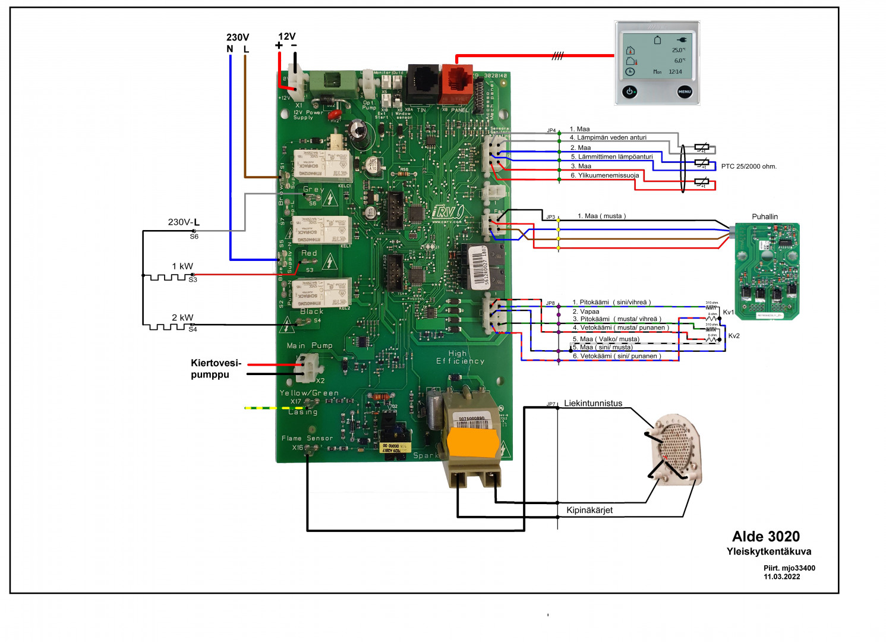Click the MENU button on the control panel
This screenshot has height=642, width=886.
685,92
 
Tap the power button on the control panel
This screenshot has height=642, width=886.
630,92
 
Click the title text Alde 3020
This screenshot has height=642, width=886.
765,536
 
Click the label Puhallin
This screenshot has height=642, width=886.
764,216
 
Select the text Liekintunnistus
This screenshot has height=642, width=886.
592,403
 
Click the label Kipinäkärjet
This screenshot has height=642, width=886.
589,510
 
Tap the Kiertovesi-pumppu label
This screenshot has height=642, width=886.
216,369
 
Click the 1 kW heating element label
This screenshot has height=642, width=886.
182,266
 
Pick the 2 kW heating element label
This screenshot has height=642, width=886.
182,317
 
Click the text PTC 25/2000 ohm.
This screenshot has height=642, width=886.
748,166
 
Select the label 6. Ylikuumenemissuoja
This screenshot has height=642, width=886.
605,175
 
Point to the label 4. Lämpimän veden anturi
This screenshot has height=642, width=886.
608,137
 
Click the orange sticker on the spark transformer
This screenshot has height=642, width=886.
473,443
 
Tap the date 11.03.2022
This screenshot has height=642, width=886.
781,577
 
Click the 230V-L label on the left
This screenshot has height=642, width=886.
184,222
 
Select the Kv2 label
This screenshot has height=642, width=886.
734,336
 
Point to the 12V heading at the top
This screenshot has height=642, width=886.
286,36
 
